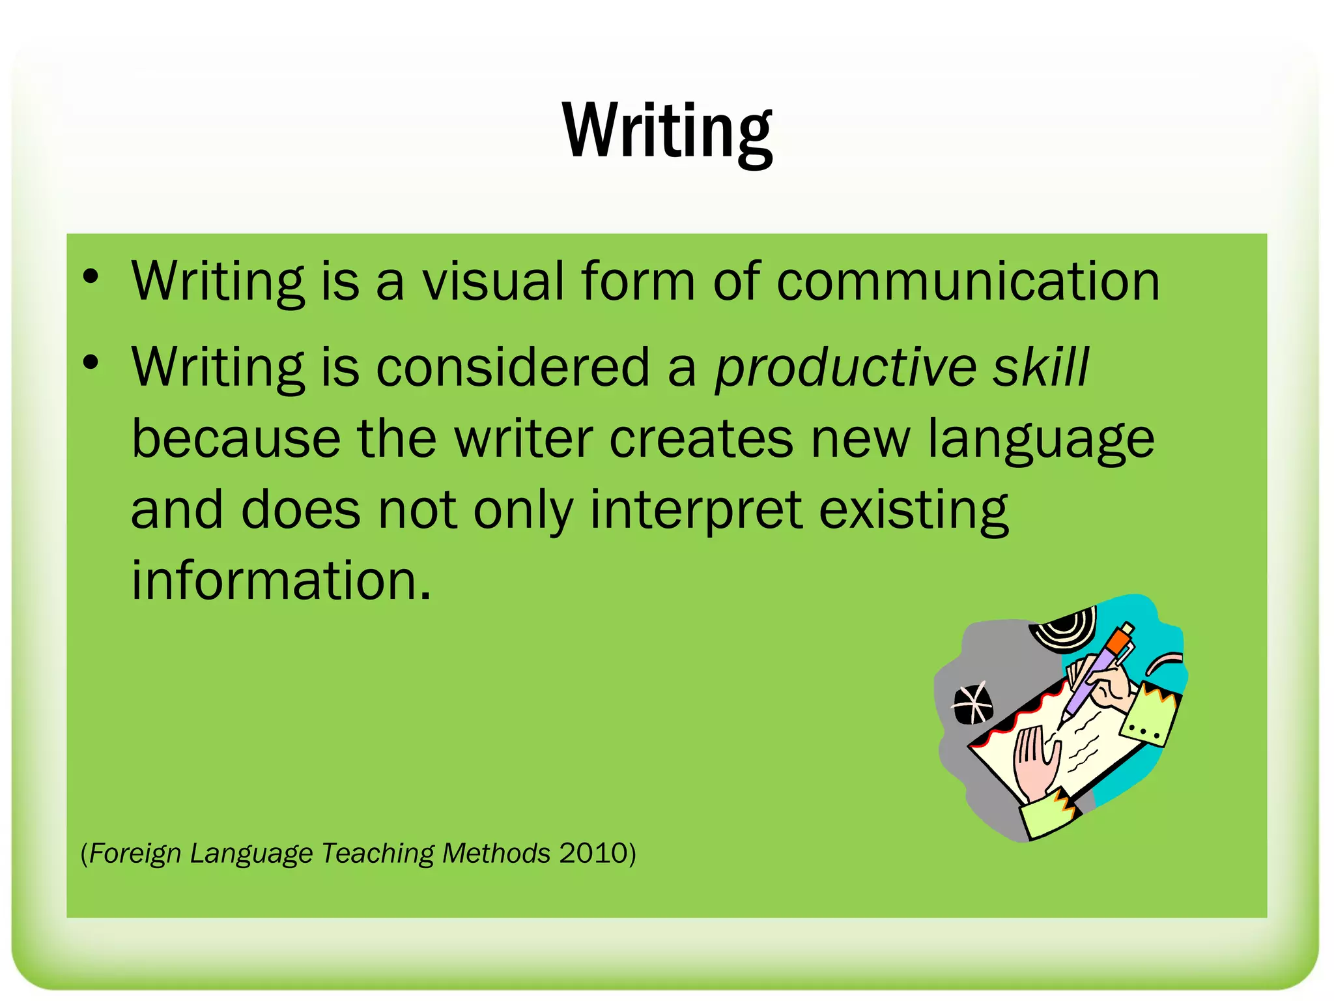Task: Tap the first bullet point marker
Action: click(x=91, y=276)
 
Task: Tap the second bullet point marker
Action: click(x=91, y=362)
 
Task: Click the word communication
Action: click(x=968, y=282)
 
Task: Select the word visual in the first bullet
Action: click(x=493, y=282)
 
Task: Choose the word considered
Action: click(x=513, y=366)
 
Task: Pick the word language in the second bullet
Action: click(x=1040, y=439)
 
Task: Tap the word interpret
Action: click(x=695, y=510)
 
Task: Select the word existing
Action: click(x=913, y=510)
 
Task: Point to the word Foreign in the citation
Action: click(x=135, y=853)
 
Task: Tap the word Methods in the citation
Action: click(x=496, y=853)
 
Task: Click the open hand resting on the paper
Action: click(x=1036, y=763)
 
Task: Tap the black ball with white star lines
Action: click(x=972, y=704)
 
